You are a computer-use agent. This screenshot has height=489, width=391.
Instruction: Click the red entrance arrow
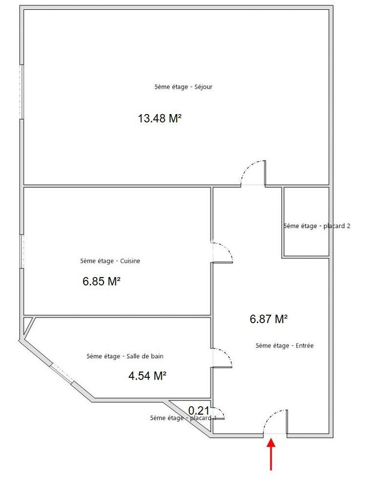[271, 454]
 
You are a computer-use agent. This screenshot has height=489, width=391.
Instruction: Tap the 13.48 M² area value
[160, 119]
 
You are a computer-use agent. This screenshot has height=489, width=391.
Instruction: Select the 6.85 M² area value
[101, 281]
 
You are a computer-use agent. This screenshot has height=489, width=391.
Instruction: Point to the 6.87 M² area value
[269, 319]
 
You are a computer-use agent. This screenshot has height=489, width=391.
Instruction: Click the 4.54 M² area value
[147, 376]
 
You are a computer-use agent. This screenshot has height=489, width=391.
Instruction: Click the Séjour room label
[183, 87]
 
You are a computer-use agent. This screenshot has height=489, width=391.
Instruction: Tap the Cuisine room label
[110, 261]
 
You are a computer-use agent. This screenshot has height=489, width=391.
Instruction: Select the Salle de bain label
[125, 356]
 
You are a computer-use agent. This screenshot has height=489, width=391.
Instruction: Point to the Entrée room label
[285, 346]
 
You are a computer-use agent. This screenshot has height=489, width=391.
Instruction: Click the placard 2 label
[317, 226]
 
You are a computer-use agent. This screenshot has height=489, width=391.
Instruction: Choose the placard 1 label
[183, 418]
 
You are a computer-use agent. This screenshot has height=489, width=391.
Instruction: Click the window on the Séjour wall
[21, 92]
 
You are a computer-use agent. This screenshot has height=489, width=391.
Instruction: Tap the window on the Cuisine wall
[21, 251]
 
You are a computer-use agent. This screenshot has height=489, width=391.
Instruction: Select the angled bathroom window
[62, 373]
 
